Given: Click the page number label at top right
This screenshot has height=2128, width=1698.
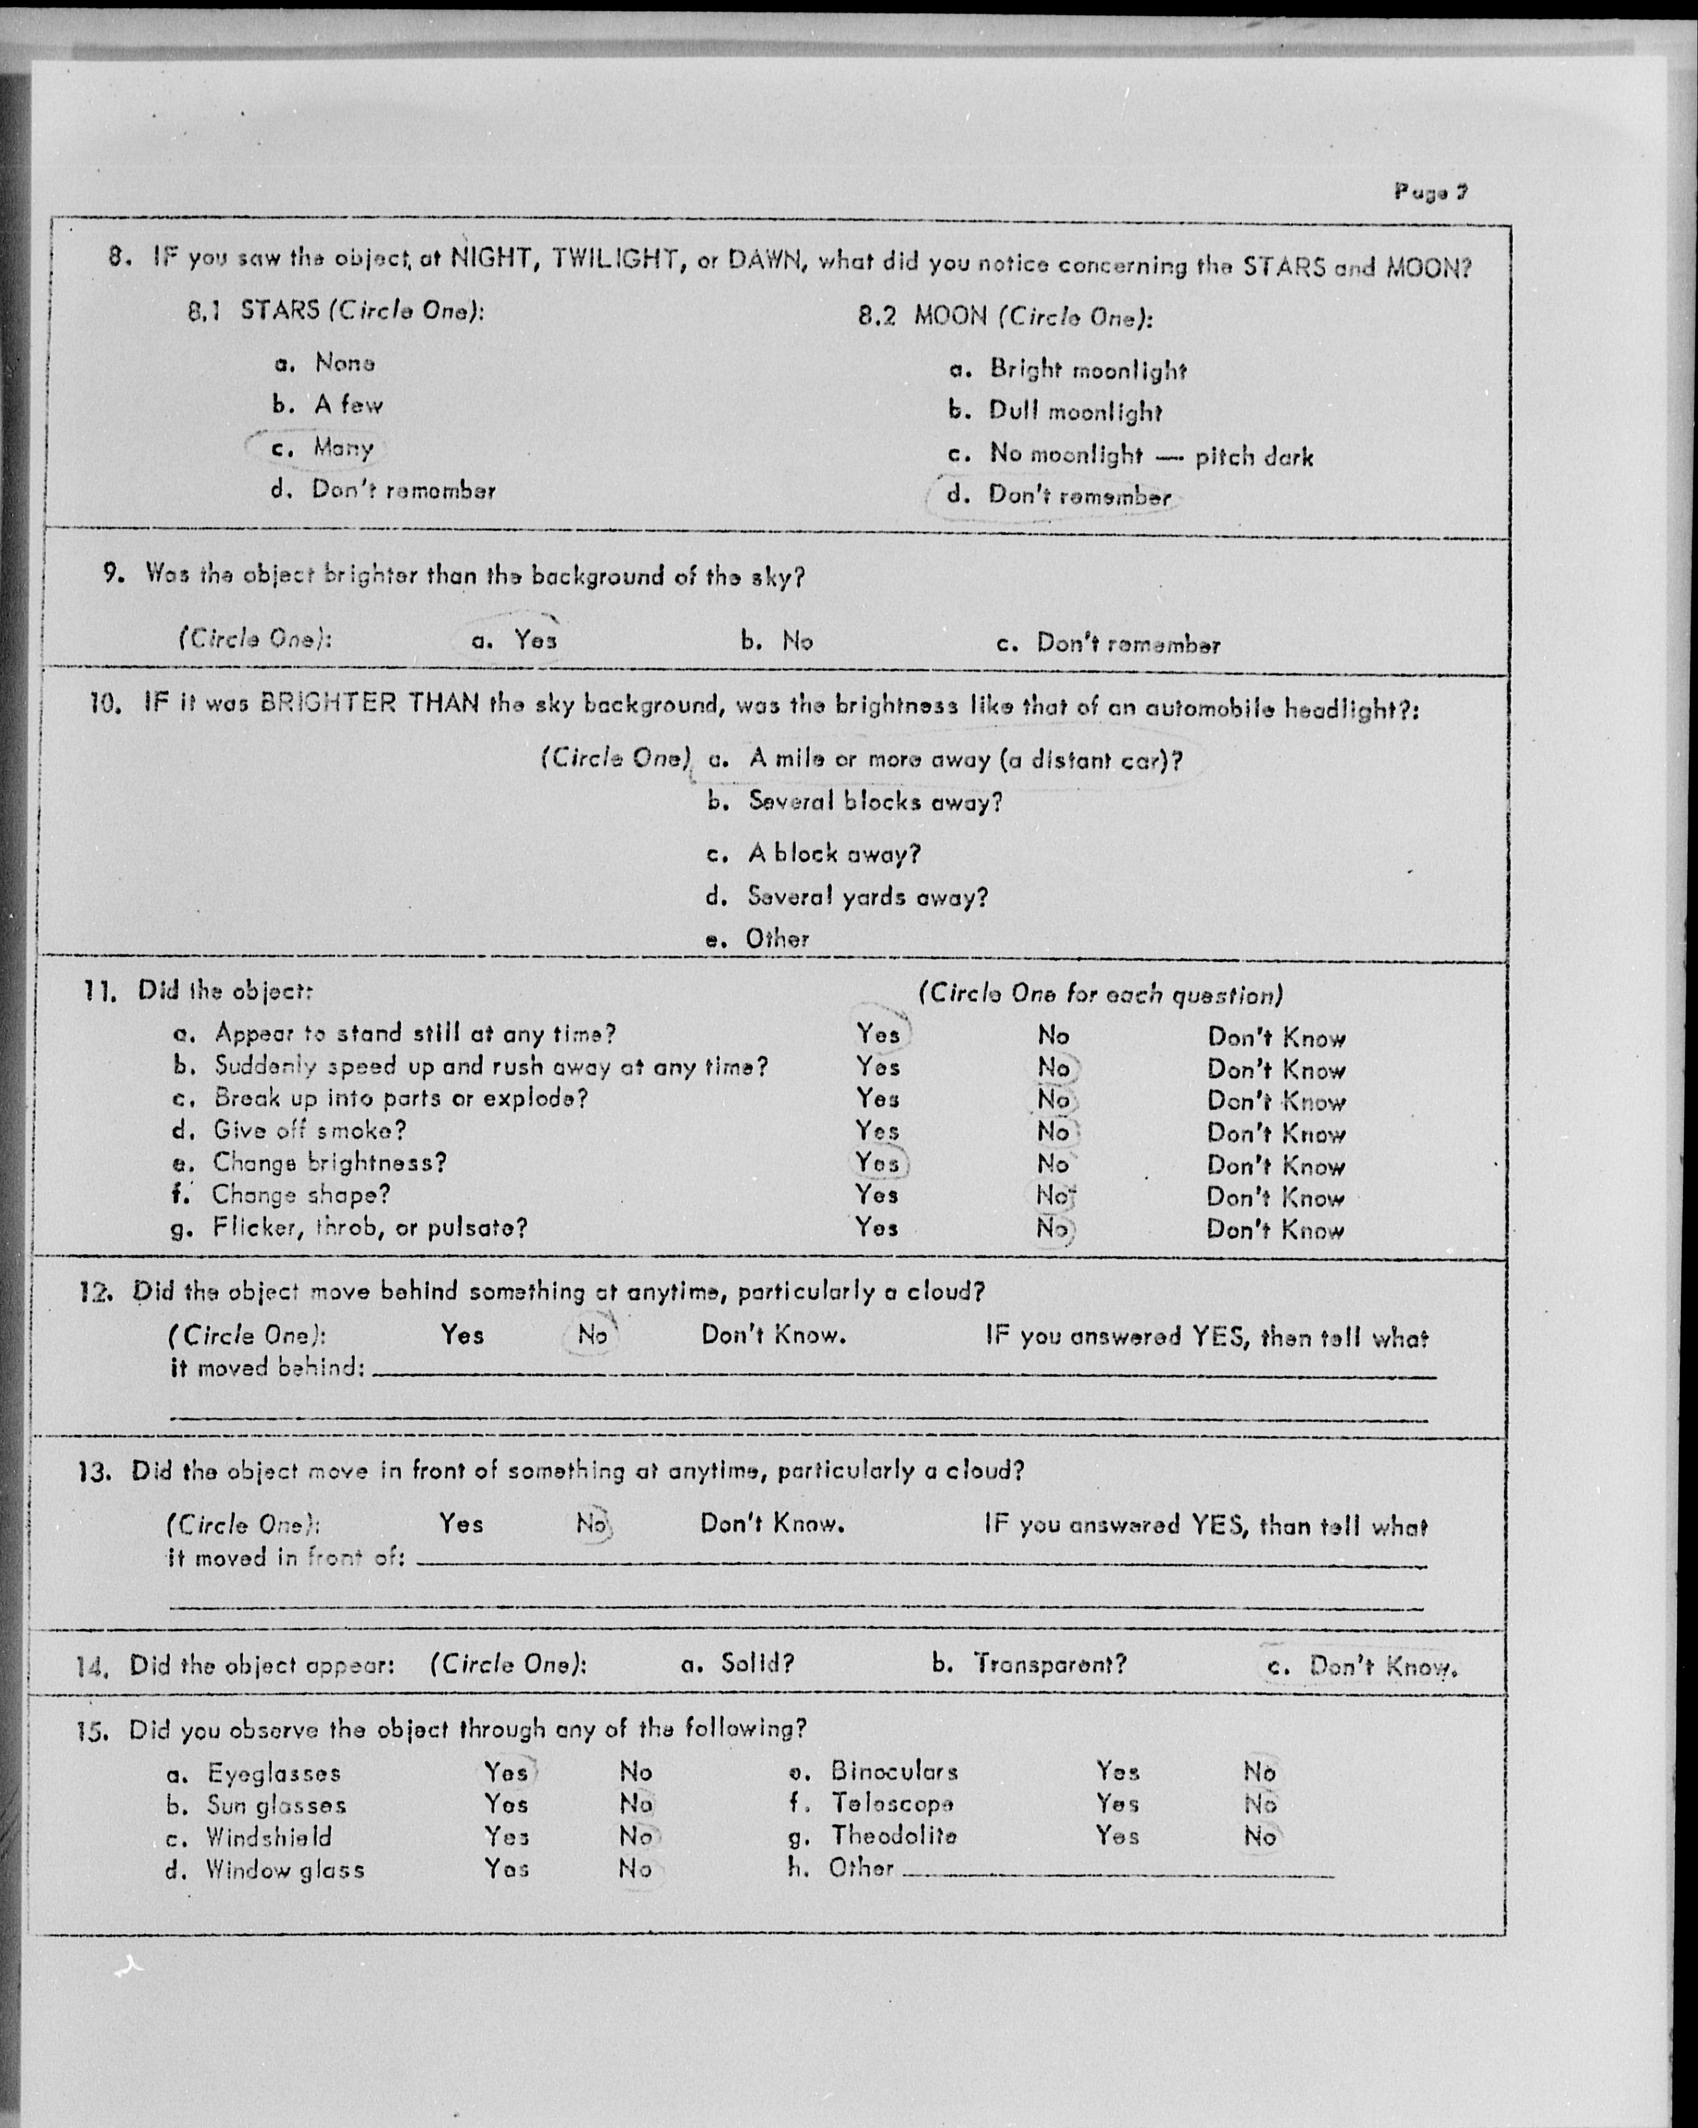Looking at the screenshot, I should coord(1430,191).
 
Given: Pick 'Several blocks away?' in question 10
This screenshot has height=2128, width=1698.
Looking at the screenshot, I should coord(874,801).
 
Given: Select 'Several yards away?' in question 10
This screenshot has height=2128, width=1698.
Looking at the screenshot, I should coord(867,897).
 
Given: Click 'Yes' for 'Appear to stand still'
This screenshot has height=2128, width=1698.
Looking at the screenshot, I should coord(878,1034).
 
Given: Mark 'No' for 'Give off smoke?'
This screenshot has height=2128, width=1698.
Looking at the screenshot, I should coord(1054,1131).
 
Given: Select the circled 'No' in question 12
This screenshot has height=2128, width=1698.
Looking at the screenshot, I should coord(592,1336).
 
